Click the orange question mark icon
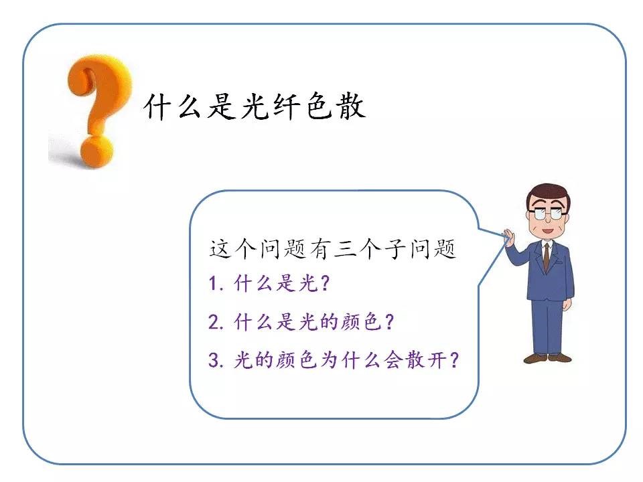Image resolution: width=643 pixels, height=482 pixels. pos(98,110)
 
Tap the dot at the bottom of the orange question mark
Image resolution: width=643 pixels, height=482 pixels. pos(96,153)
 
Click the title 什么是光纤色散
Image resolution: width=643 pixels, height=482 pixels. pos(255,107)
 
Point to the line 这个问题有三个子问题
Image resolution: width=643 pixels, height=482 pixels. pos(333,248)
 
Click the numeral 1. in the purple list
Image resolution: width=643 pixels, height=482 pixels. pos(216,283)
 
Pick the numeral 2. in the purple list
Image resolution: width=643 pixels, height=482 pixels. pos(216,322)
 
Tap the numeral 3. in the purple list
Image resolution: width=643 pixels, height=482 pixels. pos(216,360)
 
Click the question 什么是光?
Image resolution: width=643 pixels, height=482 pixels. pos(282,283)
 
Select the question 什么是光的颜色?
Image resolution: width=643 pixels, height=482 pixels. pos(314,322)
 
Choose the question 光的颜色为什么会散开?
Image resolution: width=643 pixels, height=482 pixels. pos(346,360)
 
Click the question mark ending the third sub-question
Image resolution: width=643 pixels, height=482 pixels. pos(453,360)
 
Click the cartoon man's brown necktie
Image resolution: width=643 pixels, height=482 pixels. pos(547,257)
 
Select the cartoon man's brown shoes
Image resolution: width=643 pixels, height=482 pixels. pos(547,358)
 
